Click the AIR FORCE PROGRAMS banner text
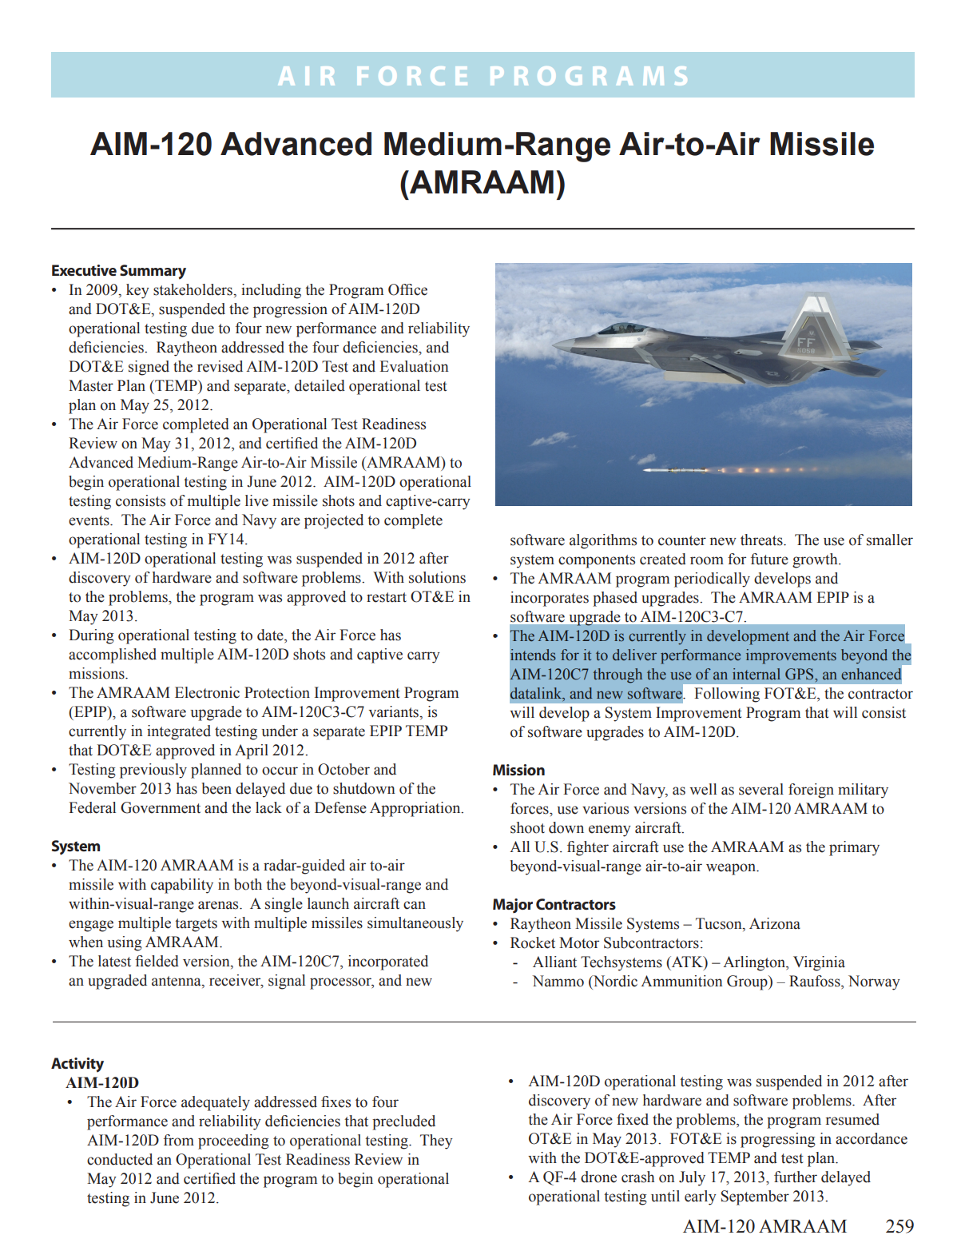(483, 76)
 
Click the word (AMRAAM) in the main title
(482, 183)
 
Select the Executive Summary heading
(118, 271)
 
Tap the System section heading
(76, 847)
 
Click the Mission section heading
(518, 771)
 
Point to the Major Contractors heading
(554, 905)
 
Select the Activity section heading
(77, 1064)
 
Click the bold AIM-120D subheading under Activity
(102, 1083)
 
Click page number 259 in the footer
(899, 1226)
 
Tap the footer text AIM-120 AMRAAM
(764, 1226)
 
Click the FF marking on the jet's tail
(805, 343)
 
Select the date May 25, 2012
(165, 405)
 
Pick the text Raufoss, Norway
(844, 982)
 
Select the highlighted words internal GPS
(768, 675)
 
